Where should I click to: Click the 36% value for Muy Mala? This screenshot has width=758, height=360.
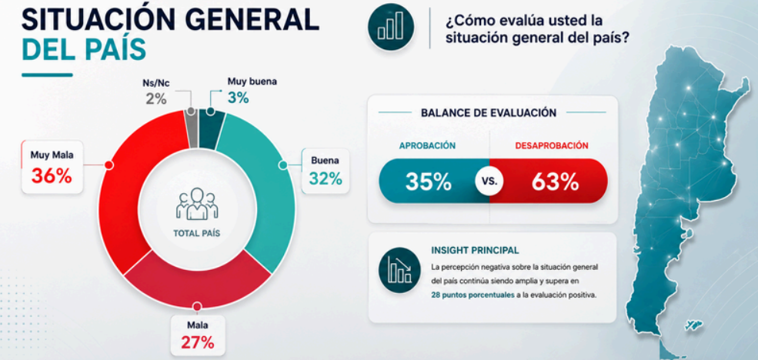tap(52, 175)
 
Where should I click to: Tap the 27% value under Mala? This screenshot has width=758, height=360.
tap(197, 342)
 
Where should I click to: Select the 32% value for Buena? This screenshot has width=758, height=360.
tap(326, 178)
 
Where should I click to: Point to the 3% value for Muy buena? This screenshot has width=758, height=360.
tap(239, 98)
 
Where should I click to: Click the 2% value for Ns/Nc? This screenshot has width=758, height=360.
tap(156, 99)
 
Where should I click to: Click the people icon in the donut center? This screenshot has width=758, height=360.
tap(197, 204)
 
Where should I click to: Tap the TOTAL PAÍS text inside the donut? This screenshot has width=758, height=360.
tap(197, 233)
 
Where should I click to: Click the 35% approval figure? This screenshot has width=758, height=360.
tap(429, 182)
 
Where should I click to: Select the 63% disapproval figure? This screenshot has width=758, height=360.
tap(555, 182)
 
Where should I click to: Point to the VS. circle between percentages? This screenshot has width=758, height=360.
tap(489, 182)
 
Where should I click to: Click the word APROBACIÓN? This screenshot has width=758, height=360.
tap(427, 145)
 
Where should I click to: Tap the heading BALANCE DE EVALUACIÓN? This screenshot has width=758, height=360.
tap(489, 113)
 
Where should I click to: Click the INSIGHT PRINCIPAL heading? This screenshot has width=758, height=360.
tap(475, 250)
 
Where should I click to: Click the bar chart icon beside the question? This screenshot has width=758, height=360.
tap(391, 27)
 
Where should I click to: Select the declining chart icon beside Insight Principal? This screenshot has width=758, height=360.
tap(399, 270)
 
